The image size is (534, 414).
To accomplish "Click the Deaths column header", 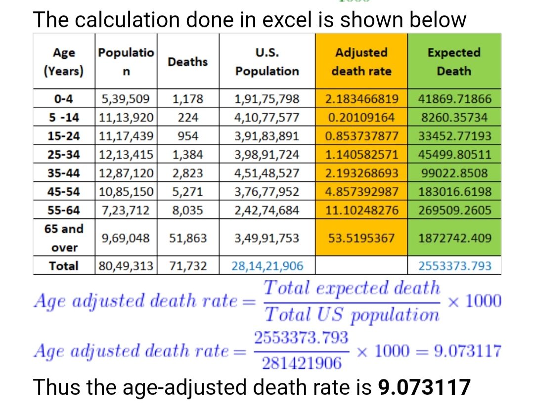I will coord(187,62).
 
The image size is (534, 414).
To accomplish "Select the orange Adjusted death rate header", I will coord(361,62).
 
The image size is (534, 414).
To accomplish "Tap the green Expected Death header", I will coord(454,62).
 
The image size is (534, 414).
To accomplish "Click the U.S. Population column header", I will coord(267,62).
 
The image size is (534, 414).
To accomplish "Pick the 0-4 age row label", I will coord(63,99).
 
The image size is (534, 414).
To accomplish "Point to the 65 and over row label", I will coord(64,238).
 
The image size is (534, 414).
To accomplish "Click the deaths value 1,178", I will coord(187,99).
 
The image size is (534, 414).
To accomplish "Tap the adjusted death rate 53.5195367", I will coord(361,238).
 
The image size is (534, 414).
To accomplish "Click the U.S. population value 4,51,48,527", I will coord(267,173).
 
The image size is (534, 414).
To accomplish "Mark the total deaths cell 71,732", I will coord(187,266).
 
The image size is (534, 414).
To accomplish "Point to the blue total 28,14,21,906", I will coord(267,266).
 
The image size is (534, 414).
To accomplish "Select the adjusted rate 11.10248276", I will coord(361,210).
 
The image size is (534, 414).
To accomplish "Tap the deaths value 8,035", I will coord(187,210).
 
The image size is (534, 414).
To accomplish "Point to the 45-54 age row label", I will coord(63,192).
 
